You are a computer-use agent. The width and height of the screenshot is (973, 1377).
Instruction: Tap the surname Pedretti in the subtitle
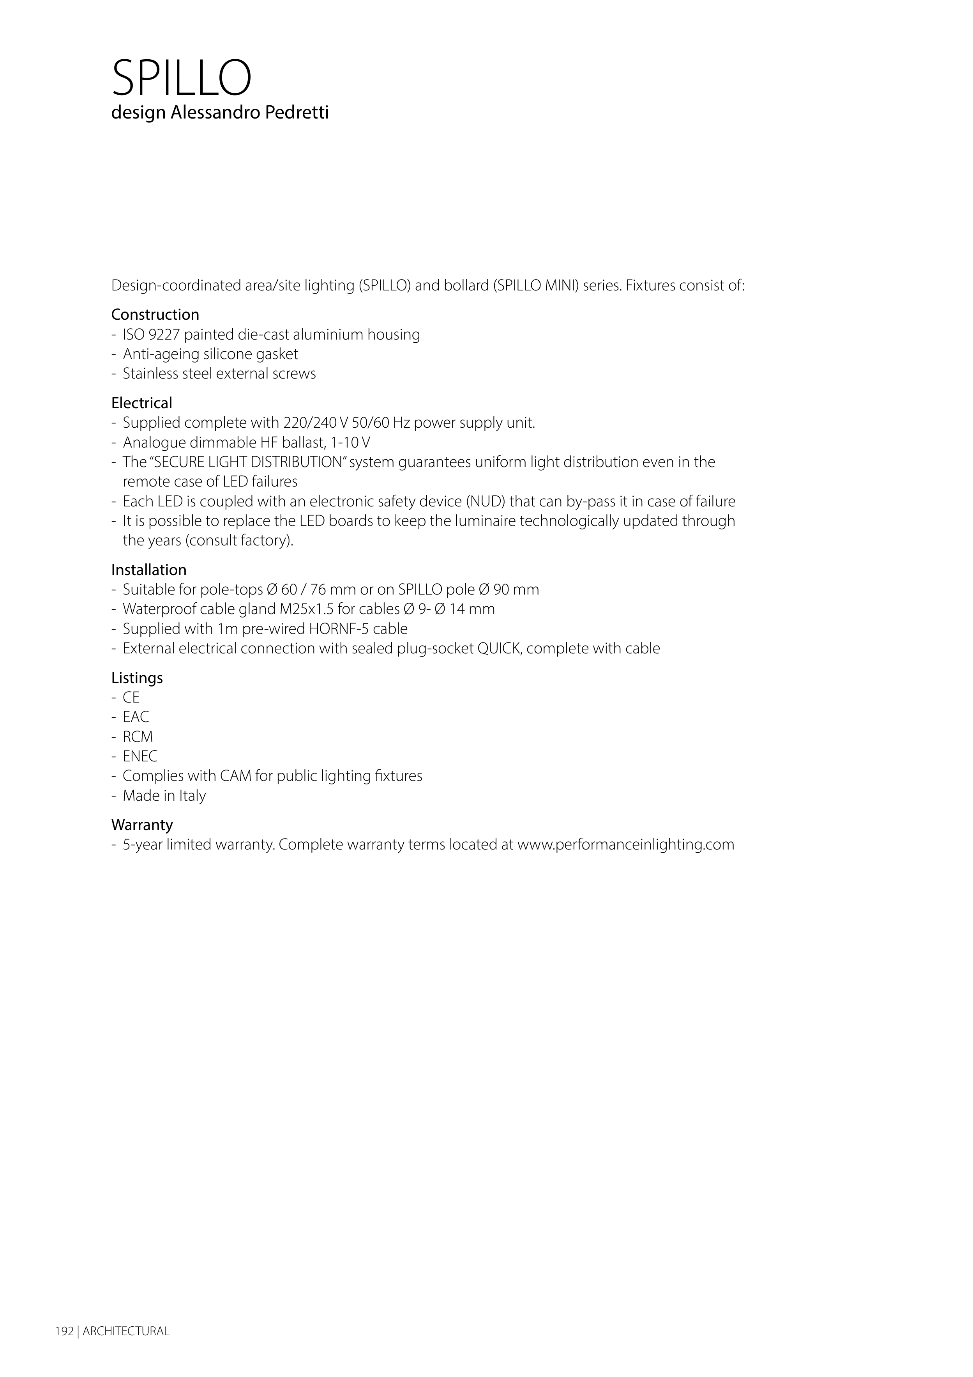298,113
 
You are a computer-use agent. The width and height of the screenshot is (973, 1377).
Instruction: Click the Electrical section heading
141,403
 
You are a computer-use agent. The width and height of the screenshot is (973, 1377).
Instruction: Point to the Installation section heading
149,570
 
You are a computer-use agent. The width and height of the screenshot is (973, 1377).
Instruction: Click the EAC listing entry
136,717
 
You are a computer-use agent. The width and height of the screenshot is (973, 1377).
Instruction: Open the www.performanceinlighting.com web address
625,845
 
